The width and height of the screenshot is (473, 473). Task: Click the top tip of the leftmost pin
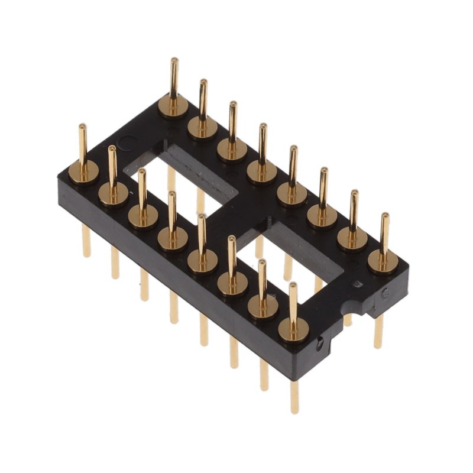pyautogui.click(x=82, y=127)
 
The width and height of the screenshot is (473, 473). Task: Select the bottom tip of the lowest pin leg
pyautogui.click(x=294, y=410)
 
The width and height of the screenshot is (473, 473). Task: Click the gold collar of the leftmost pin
pyautogui.click(x=83, y=172)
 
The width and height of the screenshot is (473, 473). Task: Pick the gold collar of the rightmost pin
pyautogui.click(x=383, y=261)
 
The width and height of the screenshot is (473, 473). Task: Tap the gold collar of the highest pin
pyautogui.click(x=173, y=106)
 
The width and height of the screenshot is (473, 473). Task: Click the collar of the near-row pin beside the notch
pyautogui.click(x=293, y=329)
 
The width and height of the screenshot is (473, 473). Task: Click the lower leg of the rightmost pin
pyautogui.click(x=378, y=331)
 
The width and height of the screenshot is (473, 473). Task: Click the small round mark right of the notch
pyautogui.click(x=384, y=292)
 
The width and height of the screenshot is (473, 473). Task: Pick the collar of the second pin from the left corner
pyautogui.click(x=113, y=193)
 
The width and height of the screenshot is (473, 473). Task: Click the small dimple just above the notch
pyautogui.click(x=356, y=284)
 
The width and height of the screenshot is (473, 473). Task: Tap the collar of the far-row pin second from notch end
pyautogui.click(x=353, y=238)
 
